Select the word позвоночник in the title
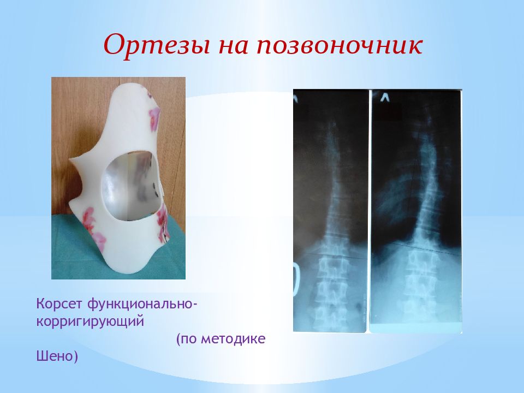pos(340,46)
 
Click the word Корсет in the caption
pos(59,304)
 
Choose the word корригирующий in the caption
pos(90,322)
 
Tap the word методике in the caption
pos(234,339)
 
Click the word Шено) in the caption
pos(57,356)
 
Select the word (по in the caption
pos(187,340)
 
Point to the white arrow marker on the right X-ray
pos(384,97)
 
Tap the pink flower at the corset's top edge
pos(154,117)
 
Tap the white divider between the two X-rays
pos(370,211)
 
